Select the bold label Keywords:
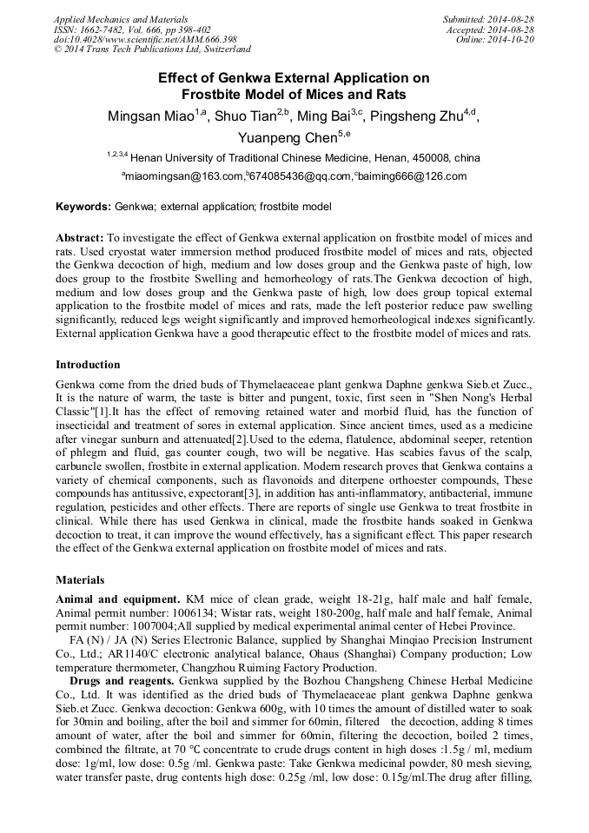[83, 207]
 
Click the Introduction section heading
[88, 364]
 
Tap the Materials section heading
[80, 579]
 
